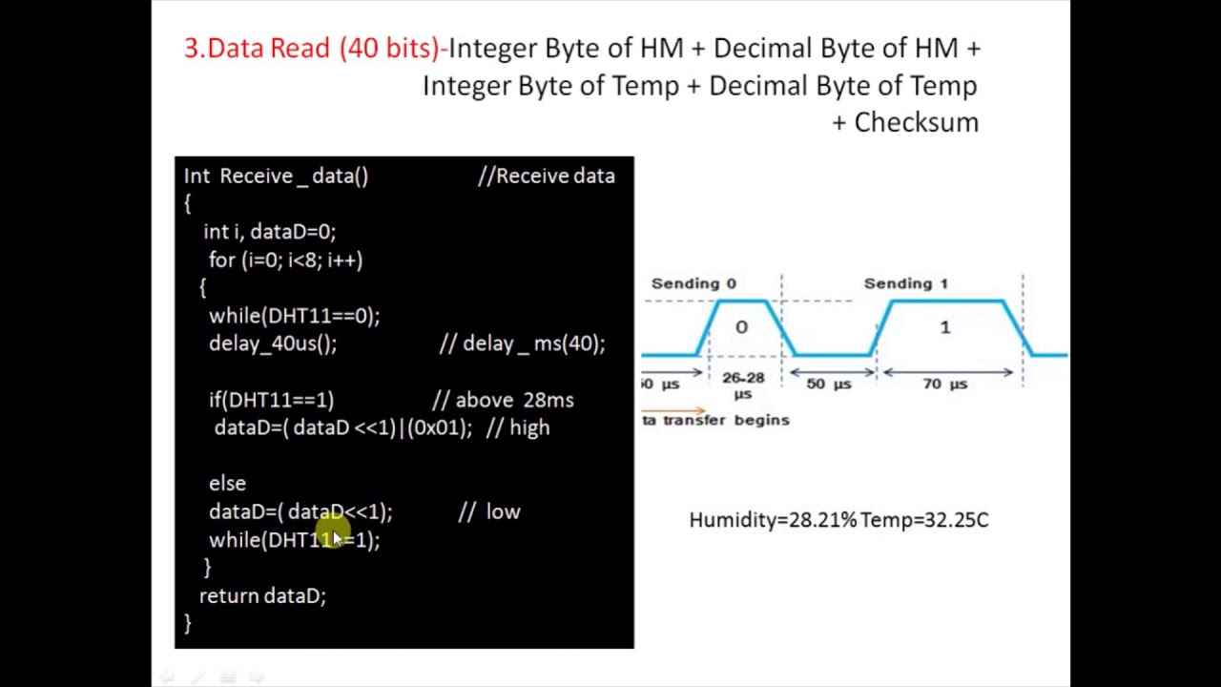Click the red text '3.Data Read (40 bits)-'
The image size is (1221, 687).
tap(315, 49)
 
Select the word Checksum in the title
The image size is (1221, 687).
tap(916, 122)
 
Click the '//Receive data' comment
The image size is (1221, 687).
tap(547, 176)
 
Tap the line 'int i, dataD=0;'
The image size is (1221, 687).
tap(269, 232)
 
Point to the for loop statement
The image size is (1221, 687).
tap(285, 260)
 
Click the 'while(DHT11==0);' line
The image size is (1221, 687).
tap(294, 316)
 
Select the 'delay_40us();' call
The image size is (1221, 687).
tap(273, 343)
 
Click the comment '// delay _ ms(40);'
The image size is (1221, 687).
tap(522, 343)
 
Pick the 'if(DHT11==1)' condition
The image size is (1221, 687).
tap(271, 400)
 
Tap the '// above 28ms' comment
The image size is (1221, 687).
tap(503, 400)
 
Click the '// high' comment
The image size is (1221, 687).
tap(518, 427)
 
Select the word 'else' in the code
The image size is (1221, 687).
tap(227, 484)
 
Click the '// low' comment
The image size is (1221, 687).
tap(489, 511)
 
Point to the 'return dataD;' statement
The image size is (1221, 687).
tap(262, 596)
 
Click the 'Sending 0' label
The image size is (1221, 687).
tap(693, 283)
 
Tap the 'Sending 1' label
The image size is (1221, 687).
tap(905, 283)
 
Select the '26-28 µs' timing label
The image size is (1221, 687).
tap(742, 385)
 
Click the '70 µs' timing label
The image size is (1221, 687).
tap(944, 384)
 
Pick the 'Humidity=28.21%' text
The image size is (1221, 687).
tap(772, 520)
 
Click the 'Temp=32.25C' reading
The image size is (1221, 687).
tap(924, 520)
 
